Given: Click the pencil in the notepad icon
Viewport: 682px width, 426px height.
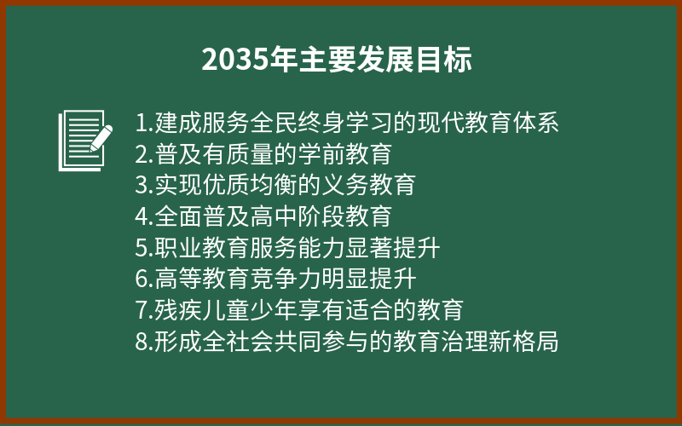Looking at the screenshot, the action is coord(101,138).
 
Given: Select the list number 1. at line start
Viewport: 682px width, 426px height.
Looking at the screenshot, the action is coord(144,123).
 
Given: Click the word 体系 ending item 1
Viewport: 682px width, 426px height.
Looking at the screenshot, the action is coord(535,123).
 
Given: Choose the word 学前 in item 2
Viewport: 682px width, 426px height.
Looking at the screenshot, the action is coord(321,154).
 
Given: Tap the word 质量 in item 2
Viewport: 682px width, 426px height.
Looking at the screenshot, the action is coord(250,154).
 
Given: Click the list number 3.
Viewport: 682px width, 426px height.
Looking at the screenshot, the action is coord(144,186).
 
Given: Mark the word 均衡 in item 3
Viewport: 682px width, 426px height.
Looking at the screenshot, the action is coord(274,185).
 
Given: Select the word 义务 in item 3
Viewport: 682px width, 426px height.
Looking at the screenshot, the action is coord(345,185).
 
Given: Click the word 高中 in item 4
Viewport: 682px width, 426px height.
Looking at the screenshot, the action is coord(274,216).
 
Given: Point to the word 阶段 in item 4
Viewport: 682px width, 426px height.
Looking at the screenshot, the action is coord(321,216).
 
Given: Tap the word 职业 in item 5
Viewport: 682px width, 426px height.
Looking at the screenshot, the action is coord(179,248).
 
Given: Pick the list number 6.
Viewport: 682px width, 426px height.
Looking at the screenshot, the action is coord(144,279).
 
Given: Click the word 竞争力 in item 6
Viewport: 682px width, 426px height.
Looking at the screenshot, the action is coord(286,279).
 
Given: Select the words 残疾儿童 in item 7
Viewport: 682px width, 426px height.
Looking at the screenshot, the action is coord(202,310).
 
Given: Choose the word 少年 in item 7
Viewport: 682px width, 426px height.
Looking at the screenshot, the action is coord(274,310).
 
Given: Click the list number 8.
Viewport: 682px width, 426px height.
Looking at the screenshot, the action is coord(144,343).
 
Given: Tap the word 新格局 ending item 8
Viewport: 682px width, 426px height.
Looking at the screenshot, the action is coord(523,342).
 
